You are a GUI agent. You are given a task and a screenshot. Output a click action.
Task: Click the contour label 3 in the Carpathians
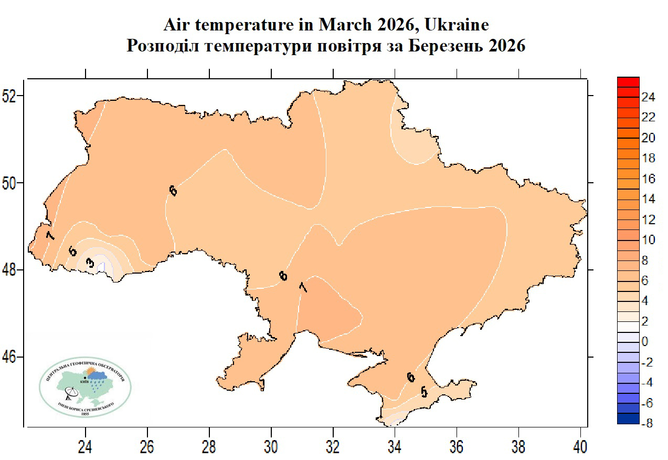(x=90, y=263)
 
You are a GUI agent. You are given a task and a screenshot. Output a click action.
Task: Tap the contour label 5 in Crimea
(x=424, y=392)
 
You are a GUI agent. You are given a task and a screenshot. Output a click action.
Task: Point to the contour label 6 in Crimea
(x=410, y=377)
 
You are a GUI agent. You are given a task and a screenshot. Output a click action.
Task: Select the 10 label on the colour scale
(x=649, y=240)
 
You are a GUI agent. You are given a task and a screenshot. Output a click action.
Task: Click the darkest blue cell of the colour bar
(x=628, y=419)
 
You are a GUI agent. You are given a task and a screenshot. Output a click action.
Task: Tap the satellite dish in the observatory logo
(x=70, y=393)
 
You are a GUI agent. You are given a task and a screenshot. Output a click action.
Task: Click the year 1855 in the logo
(x=86, y=414)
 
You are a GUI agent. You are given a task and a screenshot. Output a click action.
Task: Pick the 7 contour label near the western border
(x=50, y=235)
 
